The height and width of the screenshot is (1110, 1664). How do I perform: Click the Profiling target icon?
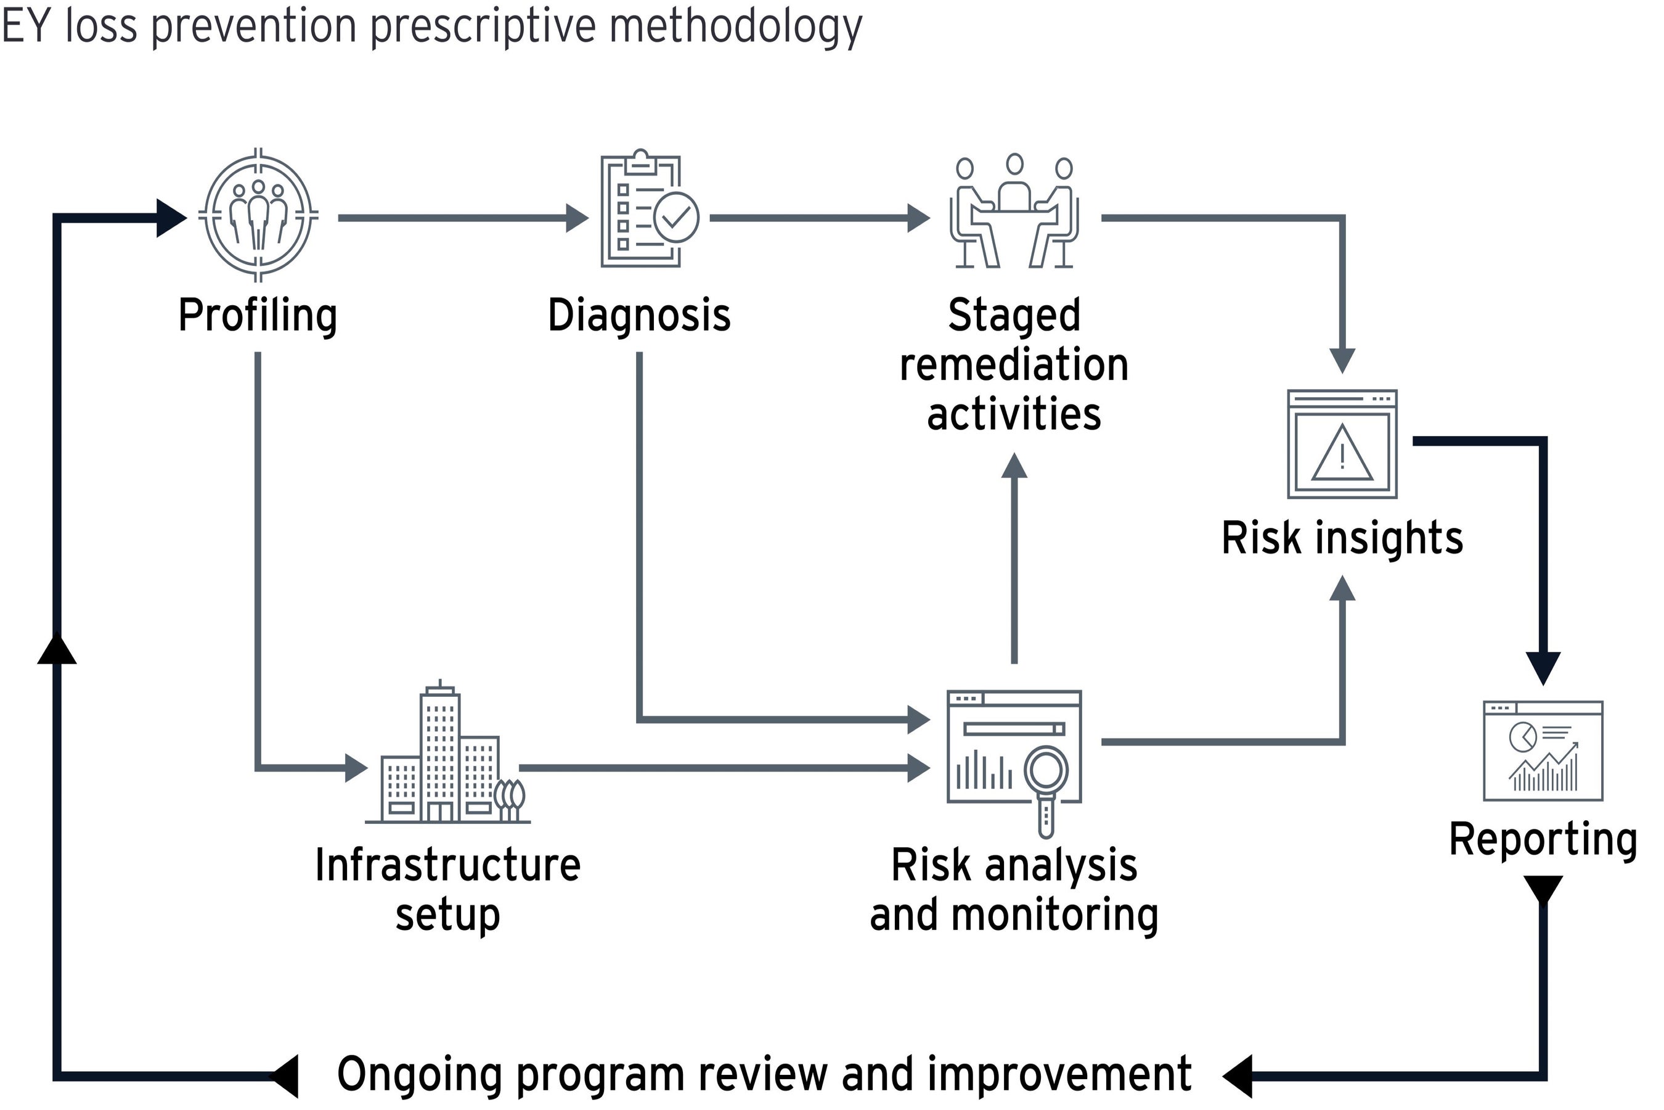(x=258, y=215)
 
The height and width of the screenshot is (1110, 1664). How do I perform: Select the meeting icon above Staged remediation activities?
(x=1014, y=212)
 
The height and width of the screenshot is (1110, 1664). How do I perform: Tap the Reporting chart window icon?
(x=1543, y=751)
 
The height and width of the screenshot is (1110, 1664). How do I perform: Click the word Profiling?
(x=258, y=315)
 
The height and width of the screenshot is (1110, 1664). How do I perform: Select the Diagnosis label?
(x=639, y=315)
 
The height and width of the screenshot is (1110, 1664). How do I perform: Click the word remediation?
(x=1014, y=364)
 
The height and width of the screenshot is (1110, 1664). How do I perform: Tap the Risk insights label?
(x=1342, y=538)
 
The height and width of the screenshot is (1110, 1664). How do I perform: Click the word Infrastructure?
(x=448, y=865)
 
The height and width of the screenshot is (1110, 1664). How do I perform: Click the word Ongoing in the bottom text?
(x=420, y=1075)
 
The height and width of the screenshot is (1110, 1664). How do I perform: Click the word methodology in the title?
(x=736, y=26)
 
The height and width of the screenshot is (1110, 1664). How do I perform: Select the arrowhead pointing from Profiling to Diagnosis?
(x=577, y=218)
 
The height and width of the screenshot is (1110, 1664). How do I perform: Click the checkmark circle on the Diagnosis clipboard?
(x=676, y=216)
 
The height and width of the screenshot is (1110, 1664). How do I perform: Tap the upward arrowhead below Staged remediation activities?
(x=1014, y=467)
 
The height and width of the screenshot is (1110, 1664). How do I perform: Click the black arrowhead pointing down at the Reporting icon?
(x=1543, y=668)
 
